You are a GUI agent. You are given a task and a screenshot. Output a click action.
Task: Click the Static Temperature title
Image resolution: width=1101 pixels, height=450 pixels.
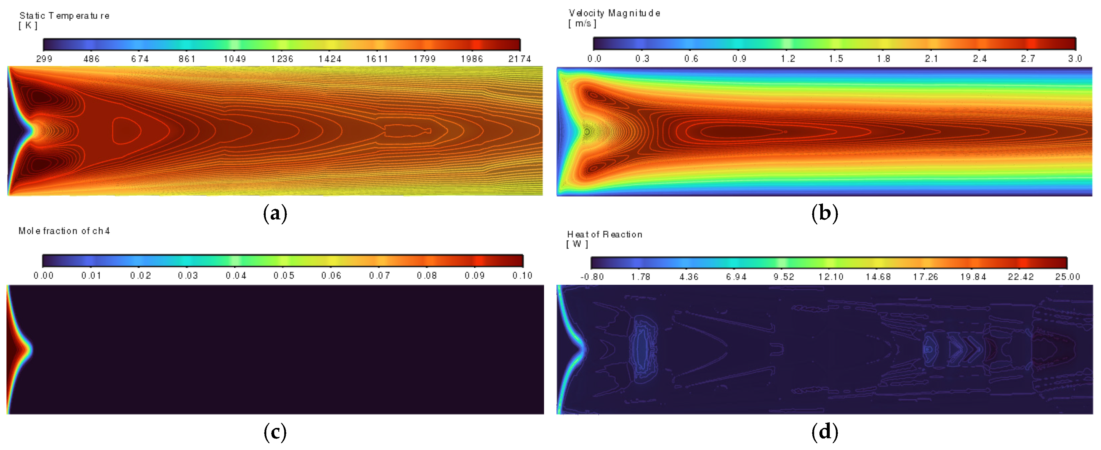tap(64, 16)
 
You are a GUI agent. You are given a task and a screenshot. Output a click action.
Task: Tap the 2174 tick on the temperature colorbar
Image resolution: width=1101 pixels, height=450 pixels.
tap(519, 59)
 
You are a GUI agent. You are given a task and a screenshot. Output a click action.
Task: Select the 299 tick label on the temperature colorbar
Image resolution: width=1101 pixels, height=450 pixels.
tap(44, 59)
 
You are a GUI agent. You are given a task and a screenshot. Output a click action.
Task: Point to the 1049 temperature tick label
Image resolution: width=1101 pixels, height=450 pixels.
tap(234, 59)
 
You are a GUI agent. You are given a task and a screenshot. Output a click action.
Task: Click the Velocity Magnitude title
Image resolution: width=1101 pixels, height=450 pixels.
tap(614, 13)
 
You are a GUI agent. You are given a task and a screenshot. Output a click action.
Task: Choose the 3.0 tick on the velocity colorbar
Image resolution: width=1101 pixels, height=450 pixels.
tap(1075, 59)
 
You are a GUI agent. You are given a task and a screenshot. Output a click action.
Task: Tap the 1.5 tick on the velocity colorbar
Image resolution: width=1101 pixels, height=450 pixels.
tap(836, 59)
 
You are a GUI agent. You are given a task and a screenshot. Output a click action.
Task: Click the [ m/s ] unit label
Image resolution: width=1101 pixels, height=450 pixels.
tap(582, 24)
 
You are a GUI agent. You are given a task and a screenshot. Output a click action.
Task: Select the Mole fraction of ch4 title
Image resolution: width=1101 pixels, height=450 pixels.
tap(64, 231)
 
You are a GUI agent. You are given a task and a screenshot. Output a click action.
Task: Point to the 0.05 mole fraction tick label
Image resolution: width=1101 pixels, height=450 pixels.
tap(284, 275)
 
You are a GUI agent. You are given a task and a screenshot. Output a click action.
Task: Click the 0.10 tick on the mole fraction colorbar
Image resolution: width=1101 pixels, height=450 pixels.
tap(522, 275)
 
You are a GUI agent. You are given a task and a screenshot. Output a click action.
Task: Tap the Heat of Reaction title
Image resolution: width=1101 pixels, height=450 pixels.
tap(604, 234)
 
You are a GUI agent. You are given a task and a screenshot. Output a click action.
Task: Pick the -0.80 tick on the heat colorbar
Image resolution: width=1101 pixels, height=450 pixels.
tap(592, 277)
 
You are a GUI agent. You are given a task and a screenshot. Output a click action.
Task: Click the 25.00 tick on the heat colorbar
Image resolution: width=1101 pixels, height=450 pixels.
tap(1067, 277)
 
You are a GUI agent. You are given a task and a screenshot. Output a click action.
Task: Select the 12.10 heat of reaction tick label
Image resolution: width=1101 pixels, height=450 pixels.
tap(830, 277)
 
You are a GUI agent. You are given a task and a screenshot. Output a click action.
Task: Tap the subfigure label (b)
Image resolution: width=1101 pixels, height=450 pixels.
tap(824, 213)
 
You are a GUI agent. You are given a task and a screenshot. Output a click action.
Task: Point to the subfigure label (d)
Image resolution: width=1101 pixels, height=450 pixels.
tap(824, 432)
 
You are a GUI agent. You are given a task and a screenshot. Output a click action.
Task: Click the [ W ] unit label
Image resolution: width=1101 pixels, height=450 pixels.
tap(577, 244)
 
